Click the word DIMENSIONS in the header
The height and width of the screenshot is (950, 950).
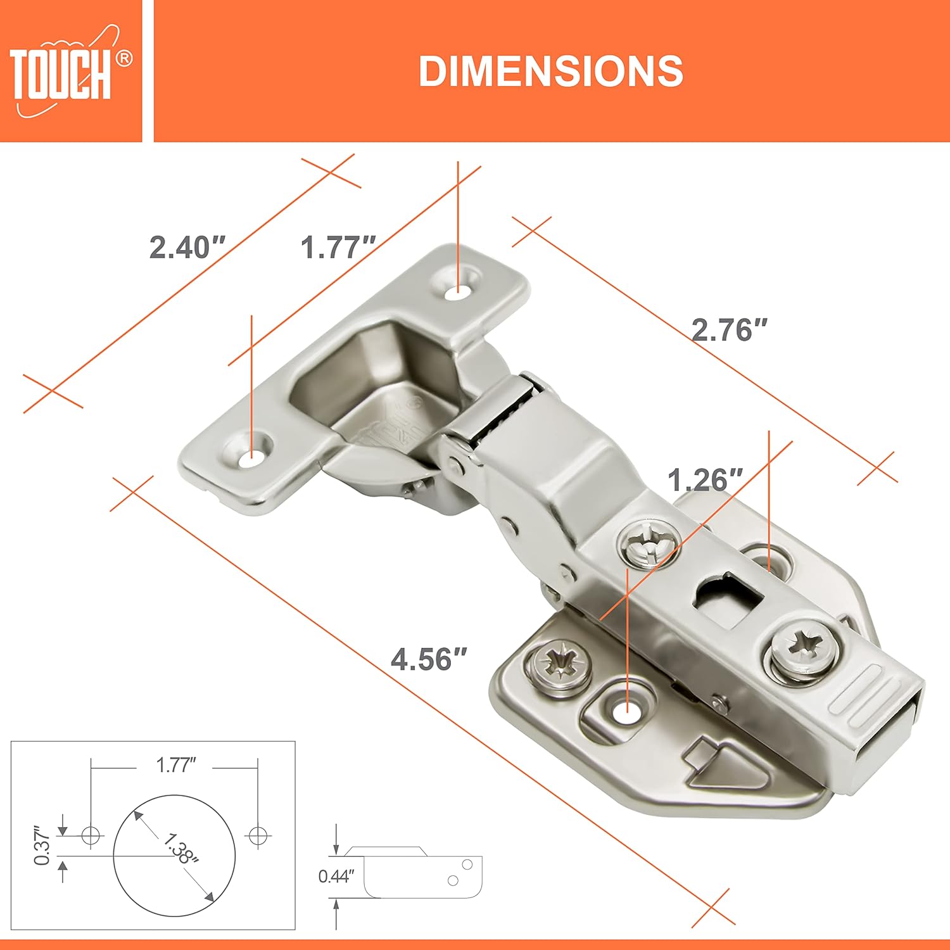point(550,71)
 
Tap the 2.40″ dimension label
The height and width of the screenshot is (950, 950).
point(187,247)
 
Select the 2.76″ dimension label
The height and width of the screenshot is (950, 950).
point(729,330)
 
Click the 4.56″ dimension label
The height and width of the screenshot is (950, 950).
point(429,659)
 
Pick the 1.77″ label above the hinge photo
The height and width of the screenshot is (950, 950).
point(338,247)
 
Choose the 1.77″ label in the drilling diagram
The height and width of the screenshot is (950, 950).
point(175,765)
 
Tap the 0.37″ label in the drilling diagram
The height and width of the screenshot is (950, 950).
point(42,845)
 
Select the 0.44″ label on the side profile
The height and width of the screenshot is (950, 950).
point(336,877)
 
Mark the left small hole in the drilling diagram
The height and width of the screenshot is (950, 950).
point(92,835)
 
